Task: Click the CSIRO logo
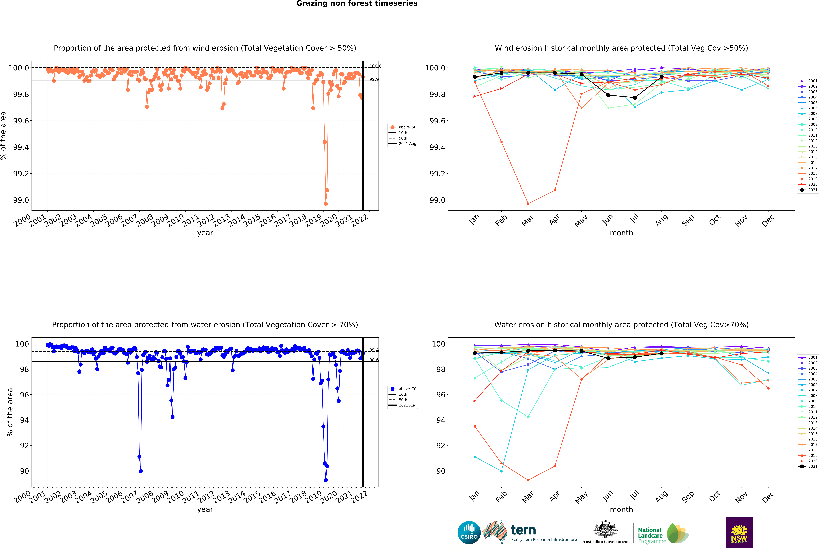[x=469, y=532]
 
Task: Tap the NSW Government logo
[x=739, y=532]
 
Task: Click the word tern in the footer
[x=523, y=530]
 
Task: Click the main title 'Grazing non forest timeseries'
[x=357, y=4]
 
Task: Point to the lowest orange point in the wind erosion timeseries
[x=326, y=204]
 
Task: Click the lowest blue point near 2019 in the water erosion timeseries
[x=326, y=480]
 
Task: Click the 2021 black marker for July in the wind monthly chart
[x=635, y=98]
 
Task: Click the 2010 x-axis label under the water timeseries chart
[x=175, y=497]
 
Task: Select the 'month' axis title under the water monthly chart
[x=621, y=510]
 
